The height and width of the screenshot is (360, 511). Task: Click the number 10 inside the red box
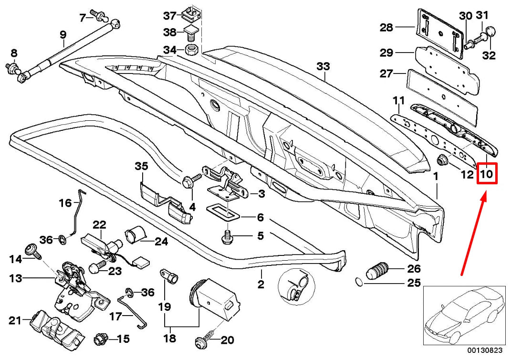coord(487,174)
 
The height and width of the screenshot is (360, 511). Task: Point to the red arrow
coord(474,234)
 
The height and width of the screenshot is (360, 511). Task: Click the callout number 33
coord(323,66)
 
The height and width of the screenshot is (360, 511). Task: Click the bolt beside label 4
coord(189,182)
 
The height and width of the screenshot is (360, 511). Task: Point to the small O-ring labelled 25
coord(359,282)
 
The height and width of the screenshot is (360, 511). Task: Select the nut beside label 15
coord(100,339)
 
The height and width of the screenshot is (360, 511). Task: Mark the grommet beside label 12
coord(441,159)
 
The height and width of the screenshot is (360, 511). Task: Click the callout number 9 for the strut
coord(62,34)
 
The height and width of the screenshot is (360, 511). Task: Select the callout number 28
coord(386,28)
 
